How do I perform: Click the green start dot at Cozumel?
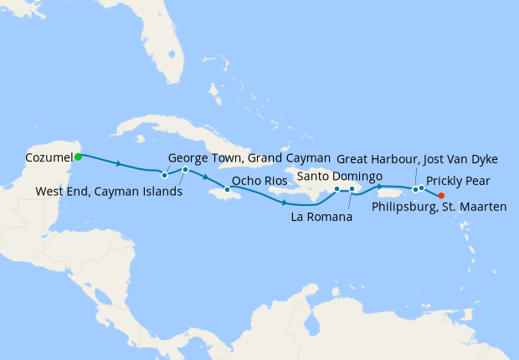78,157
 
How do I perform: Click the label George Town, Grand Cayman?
236,157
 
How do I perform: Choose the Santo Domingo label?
340,176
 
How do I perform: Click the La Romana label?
321,218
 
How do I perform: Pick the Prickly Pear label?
459,180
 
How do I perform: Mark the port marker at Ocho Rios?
227,189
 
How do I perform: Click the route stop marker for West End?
165,175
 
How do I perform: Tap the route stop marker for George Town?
185,170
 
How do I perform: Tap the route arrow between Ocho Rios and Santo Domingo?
285,203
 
